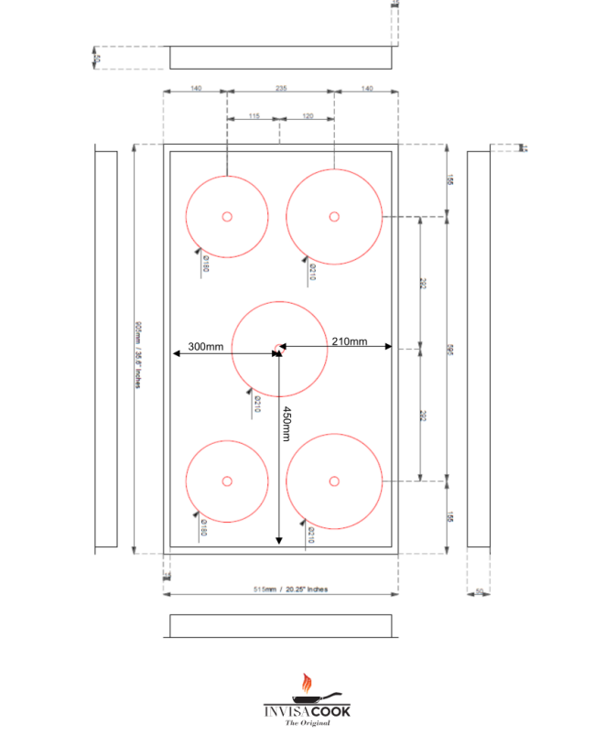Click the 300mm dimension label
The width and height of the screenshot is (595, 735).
pyautogui.click(x=206, y=347)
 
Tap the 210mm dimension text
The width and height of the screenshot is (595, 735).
pyautogui.click(x=349, y=341)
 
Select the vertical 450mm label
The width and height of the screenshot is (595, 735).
pyautogui.click(x=286, y=423)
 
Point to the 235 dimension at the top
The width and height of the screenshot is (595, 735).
pyautogui.click(x=281, y=88)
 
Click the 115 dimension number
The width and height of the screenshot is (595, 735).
pyautogui.click(x=254, y=116)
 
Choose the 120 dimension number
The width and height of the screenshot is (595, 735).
pyautogui.click(x=307, y=116)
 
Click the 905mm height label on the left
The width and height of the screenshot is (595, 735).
pyautogui.click(x=137, y=353)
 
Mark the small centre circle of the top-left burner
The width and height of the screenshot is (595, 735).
pyautogui.click(x=227, y=216)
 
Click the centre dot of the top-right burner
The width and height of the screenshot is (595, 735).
pyautogui.click(x=334, y=216)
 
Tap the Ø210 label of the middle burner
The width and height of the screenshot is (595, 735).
pyautogui.click(x=257, y=405)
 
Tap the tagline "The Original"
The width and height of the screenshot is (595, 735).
pyautogui.click(x=307, y=723)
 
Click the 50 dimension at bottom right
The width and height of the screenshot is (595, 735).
pyautogui.click(x=479, y=591)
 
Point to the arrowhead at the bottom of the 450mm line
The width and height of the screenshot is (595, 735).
pyautogui.click(x=279, y=543)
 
